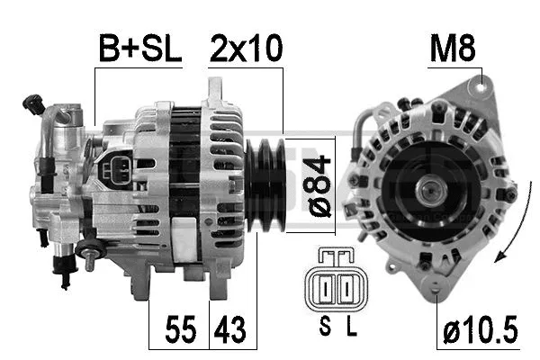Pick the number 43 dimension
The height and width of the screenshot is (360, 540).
(228, 328)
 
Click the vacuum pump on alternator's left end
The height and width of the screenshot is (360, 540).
(58, 171)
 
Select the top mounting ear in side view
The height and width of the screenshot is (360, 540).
(216, 89)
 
